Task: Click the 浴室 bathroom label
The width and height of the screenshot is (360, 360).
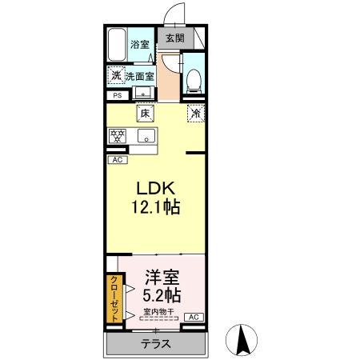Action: (x=141, y=45)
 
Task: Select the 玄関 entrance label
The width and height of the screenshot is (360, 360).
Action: (x=174, y=37)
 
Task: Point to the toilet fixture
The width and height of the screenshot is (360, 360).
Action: (x=193, y=78)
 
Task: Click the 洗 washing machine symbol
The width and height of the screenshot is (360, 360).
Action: (x=116, y=77)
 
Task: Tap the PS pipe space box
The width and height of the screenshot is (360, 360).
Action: (x=117, y=97)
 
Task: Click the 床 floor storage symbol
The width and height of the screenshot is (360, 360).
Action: (x=145, y=113)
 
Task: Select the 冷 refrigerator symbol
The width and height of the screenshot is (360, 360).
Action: (x=194, y=113)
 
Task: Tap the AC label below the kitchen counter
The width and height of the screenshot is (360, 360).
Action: (x=117, y=159)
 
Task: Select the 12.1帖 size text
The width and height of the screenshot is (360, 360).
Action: (x=155, y=207)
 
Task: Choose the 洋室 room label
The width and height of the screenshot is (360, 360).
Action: (x=160, y=277)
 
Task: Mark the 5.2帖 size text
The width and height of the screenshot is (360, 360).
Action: (x=160, y=295)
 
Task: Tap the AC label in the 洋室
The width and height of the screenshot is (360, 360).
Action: (x=194, y=318)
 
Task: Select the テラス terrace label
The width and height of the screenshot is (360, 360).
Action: (x=155, y=344)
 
